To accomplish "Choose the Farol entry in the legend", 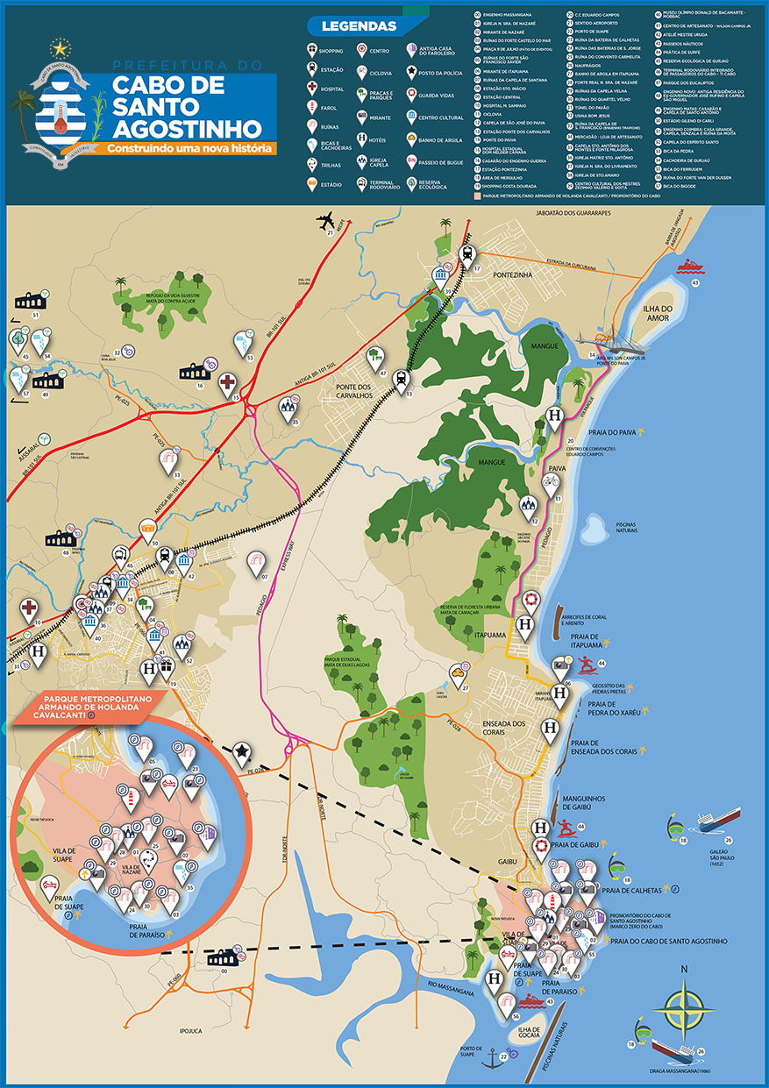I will click(x=317, y=107).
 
